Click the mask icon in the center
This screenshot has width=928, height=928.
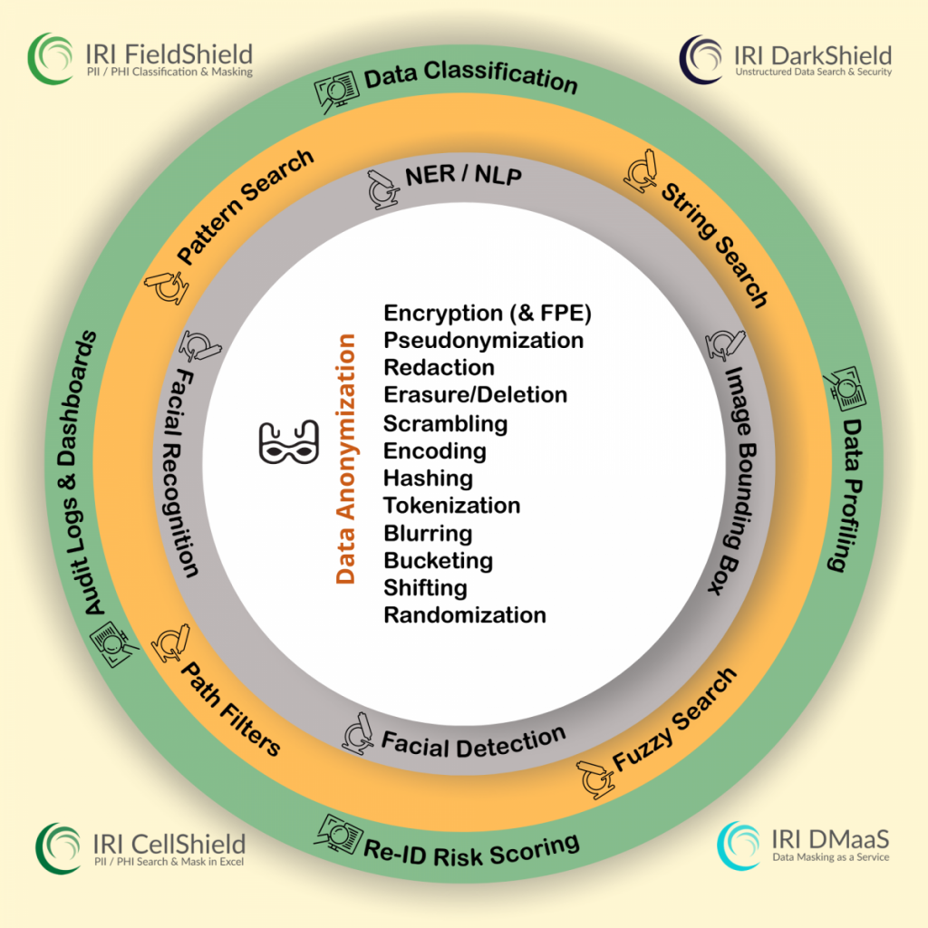[x=289, y=441]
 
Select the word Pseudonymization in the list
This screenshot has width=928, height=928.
[x=484, y=341]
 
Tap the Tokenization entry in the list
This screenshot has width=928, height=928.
[x=451, y=506]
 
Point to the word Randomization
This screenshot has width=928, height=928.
[x=465, y=615]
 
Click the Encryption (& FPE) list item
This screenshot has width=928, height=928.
[x=487, y=313]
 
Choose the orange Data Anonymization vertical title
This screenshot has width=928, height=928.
[x=345, y=459]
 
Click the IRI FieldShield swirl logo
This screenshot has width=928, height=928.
[x=51, y=59]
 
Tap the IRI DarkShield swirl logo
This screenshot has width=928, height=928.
[x=701, y=59]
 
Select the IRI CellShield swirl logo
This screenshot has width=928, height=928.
[x=57, y=847]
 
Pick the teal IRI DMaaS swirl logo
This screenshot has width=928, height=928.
[x=739, y=846]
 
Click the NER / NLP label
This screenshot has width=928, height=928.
[x=463, y=175]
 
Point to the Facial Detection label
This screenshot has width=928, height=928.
[x=473, y=742]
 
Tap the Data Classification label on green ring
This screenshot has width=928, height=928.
[x=470, y=76]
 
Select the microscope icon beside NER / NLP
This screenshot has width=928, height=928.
[x=381, y=189]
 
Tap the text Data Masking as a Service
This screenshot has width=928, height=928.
[x=830, y=857]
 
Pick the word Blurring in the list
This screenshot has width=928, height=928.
[x=428, y=534]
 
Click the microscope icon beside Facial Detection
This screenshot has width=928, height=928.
[x=357, y=733]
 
